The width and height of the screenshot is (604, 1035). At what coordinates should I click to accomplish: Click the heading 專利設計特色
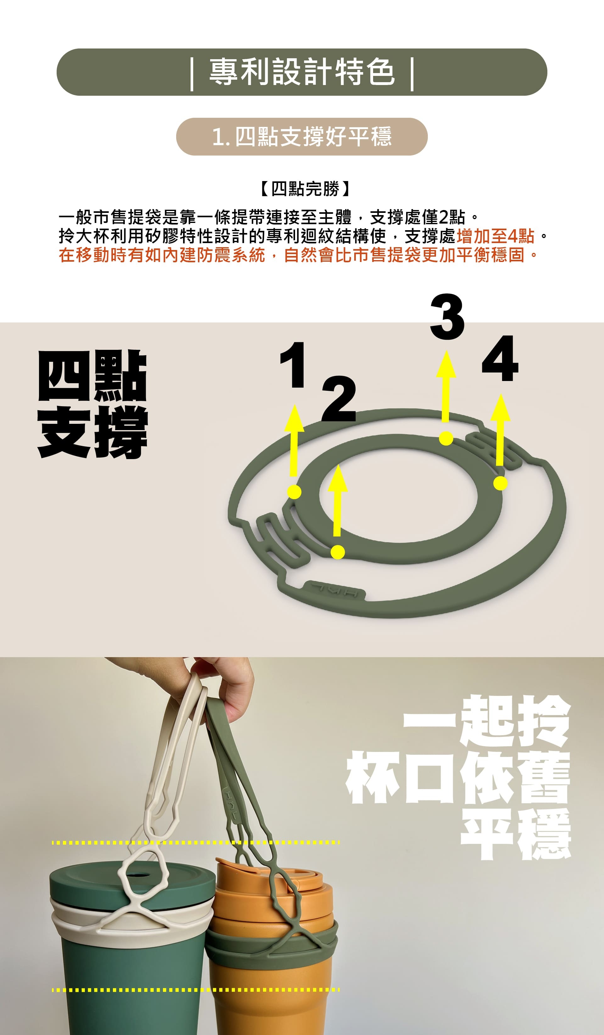pyautogui.click(x=302, y=72)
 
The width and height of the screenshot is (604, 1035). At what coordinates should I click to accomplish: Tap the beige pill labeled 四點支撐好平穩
pyautogui.click(x=302, y=136)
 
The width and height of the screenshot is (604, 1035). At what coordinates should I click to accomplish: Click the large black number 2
pyautogui.click(x=338, y=398)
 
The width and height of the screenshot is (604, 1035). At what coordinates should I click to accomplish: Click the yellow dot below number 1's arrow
pyautogui.click(x=294, y=492)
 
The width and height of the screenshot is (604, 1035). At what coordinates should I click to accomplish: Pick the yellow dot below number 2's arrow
pyautogui.click(x=337, y=552)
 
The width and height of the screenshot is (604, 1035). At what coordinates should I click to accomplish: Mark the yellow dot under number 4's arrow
pyautogui.click(x=500, y=483)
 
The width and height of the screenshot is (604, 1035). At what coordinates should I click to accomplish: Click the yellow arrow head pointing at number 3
pyautogui.click(x=446, y=364)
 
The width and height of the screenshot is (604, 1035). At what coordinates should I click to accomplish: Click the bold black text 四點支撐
pyautogui.click(x=92, y=404)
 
